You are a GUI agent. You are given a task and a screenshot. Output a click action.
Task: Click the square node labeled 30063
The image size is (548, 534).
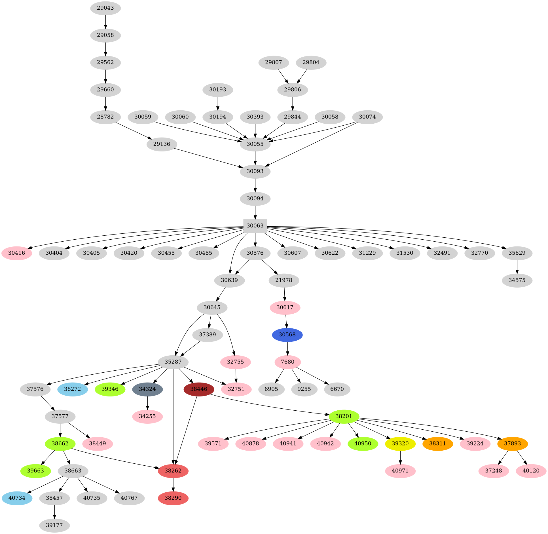click(x=255, y=226)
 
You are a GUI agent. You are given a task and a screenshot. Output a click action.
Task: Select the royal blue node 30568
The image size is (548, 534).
click(x=287, y=335)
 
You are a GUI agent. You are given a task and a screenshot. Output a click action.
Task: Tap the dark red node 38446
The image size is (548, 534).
click(x=199, y=389)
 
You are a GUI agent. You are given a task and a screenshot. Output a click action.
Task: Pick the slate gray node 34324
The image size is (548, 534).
click(x=147, y=389)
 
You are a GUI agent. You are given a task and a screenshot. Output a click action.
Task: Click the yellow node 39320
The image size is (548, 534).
click(x=400, y=444)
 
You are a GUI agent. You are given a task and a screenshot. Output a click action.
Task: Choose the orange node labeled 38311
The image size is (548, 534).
click(x=437, y=444)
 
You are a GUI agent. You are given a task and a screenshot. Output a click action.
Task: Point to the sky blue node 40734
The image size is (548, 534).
click(x=17, y=498)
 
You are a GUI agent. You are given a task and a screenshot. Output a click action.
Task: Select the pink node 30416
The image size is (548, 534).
click(x=17, y=253)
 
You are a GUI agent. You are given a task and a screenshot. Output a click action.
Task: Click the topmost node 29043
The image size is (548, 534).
click(x=105, y=8)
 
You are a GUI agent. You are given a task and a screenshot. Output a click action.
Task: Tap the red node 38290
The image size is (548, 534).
click(x=173, y=498)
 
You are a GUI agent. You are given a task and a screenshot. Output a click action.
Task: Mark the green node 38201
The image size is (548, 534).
click(x=344, y=416)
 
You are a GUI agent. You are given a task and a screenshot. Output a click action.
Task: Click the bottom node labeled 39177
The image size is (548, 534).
click(x=54, y=525)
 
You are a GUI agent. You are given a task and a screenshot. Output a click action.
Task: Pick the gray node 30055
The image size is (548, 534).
click(x=255, y=144)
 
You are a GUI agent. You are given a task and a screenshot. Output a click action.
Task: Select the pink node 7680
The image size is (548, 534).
click(x=287, y=362)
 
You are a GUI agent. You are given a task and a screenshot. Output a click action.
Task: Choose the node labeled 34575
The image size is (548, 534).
click(x=517, y=280)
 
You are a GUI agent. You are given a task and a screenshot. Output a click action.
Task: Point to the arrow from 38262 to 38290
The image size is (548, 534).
click(x=173, y=484)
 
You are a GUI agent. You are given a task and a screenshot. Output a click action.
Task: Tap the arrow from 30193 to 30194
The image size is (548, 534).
click(x=218, y=103)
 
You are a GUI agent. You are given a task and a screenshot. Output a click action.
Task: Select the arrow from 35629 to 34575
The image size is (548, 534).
click(x=517, y=267)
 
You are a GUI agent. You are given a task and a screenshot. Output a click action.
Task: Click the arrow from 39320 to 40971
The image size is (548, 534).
click(x=400, y=457)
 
